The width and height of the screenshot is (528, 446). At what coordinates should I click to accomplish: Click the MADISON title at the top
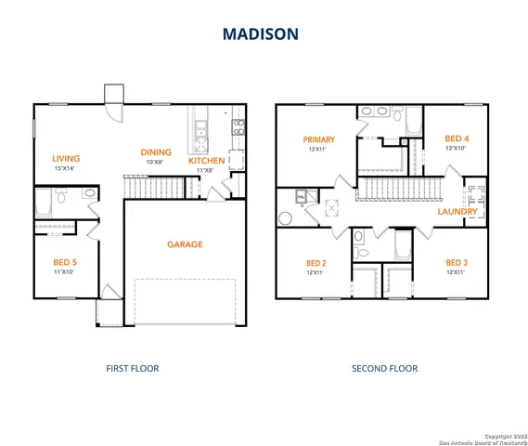click(x=260, y=34)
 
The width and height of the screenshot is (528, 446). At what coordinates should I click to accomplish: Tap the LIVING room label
click(x=66, y=159)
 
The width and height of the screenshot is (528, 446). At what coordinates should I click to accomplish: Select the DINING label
click(x=155, y=152)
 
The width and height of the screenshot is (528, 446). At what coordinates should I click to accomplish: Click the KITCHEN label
click(x=206, y=161)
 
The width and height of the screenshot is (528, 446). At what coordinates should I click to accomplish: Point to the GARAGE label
click(x=185, y=245)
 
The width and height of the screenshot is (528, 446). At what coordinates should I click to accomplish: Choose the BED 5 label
click(x=65, y=263)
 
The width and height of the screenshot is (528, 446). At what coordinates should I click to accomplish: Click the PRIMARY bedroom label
click(x=319, y=140)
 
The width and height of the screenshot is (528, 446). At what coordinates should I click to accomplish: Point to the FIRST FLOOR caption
click(x=134, y=369)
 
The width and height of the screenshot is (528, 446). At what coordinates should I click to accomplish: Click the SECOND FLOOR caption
click(x=384, y=369)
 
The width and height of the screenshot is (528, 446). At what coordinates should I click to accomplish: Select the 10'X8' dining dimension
click(x=155, y=163)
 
